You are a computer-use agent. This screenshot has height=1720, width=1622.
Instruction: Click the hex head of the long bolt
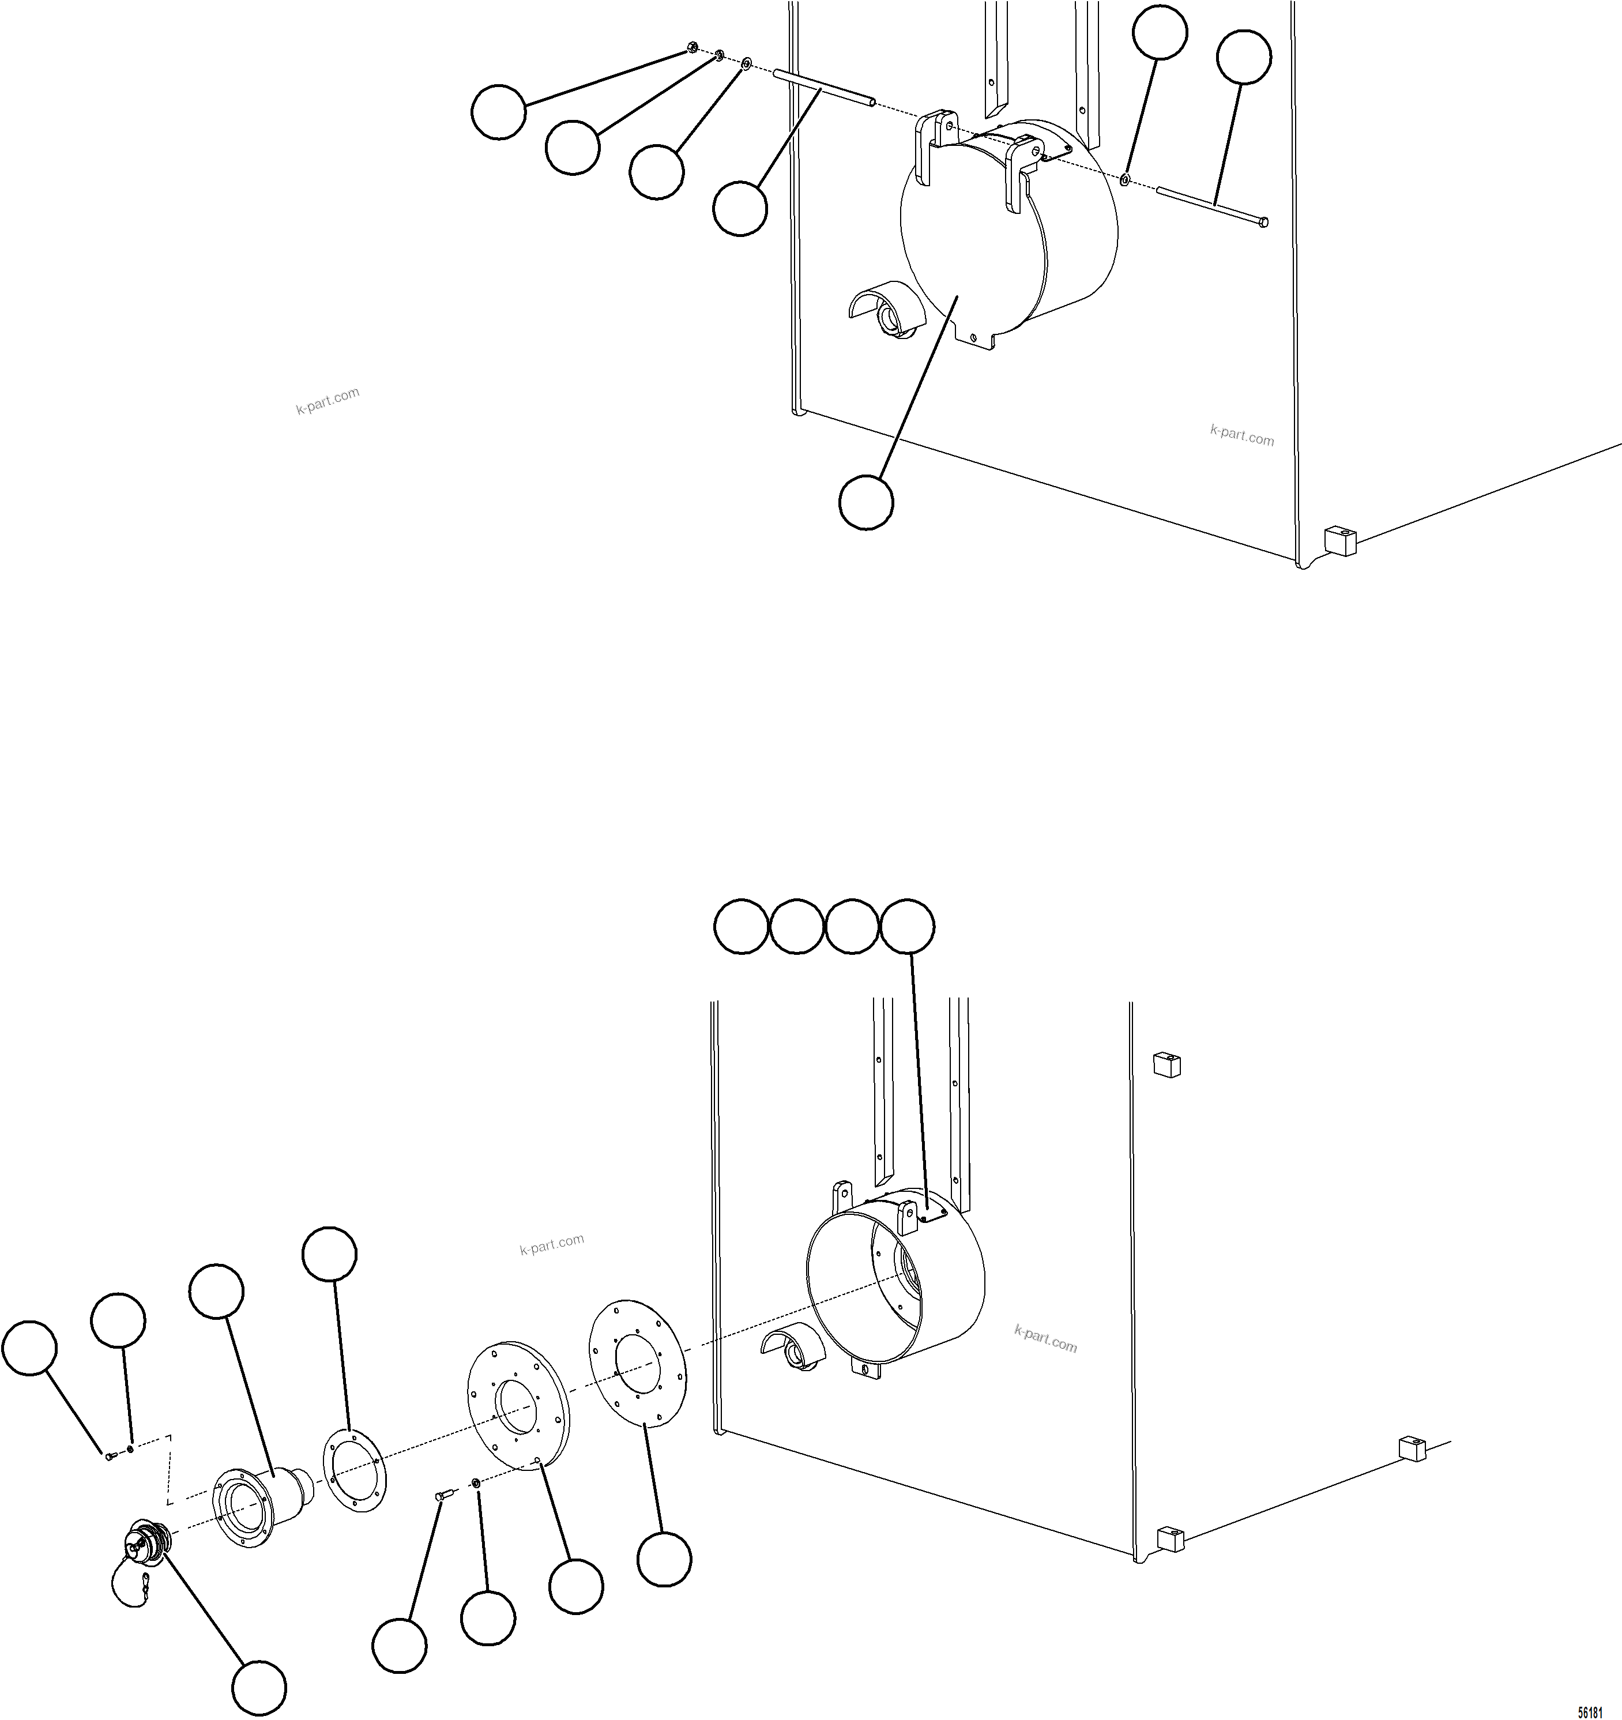click(x=1265, y=223)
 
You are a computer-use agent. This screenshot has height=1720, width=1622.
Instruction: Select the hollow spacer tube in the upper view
click(x=823, y=90)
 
